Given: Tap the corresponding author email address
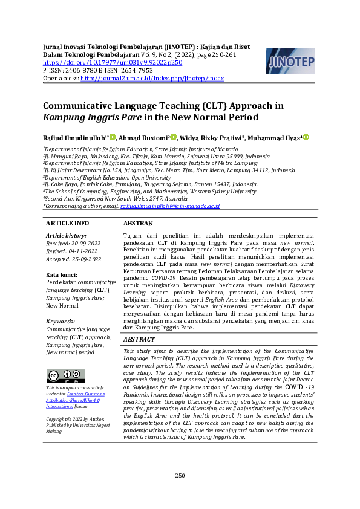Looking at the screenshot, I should click(x=170, y=206).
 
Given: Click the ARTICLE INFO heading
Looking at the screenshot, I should click(x=67, y=223).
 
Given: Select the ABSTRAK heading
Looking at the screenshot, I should click(x=139, y=223).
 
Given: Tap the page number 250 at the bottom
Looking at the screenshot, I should click(x=180, y=475).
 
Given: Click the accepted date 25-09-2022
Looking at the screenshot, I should click(x=86, y=259).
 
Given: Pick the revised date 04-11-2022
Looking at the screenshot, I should click(x=83, y=251).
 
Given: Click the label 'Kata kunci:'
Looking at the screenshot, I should click(x=62, y=275).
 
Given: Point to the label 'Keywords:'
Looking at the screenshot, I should click(x=61, y=322).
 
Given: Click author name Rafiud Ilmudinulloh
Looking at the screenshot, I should click(x=74, y=138).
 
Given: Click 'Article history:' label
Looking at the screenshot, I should click(x=66, y=236).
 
